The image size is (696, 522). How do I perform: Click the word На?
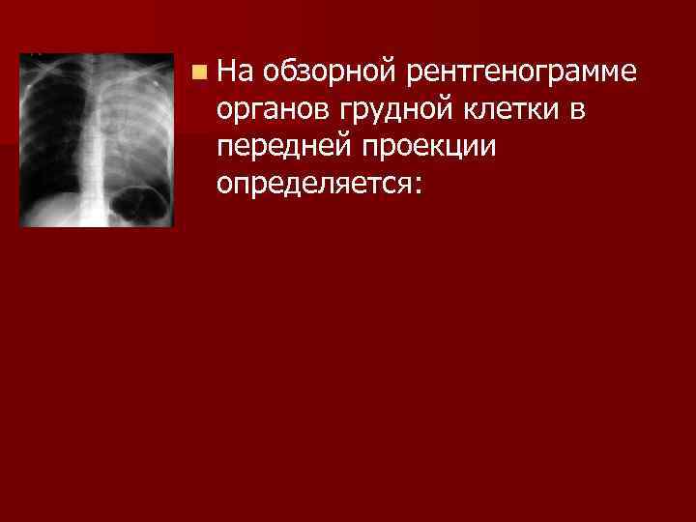233,72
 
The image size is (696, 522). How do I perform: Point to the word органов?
273,111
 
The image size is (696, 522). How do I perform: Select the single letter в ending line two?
576,111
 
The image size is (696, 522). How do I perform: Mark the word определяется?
313,184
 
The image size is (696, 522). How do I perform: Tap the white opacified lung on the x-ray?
135,126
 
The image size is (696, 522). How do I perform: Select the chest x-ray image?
97,140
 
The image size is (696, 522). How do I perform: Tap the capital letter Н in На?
226,72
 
